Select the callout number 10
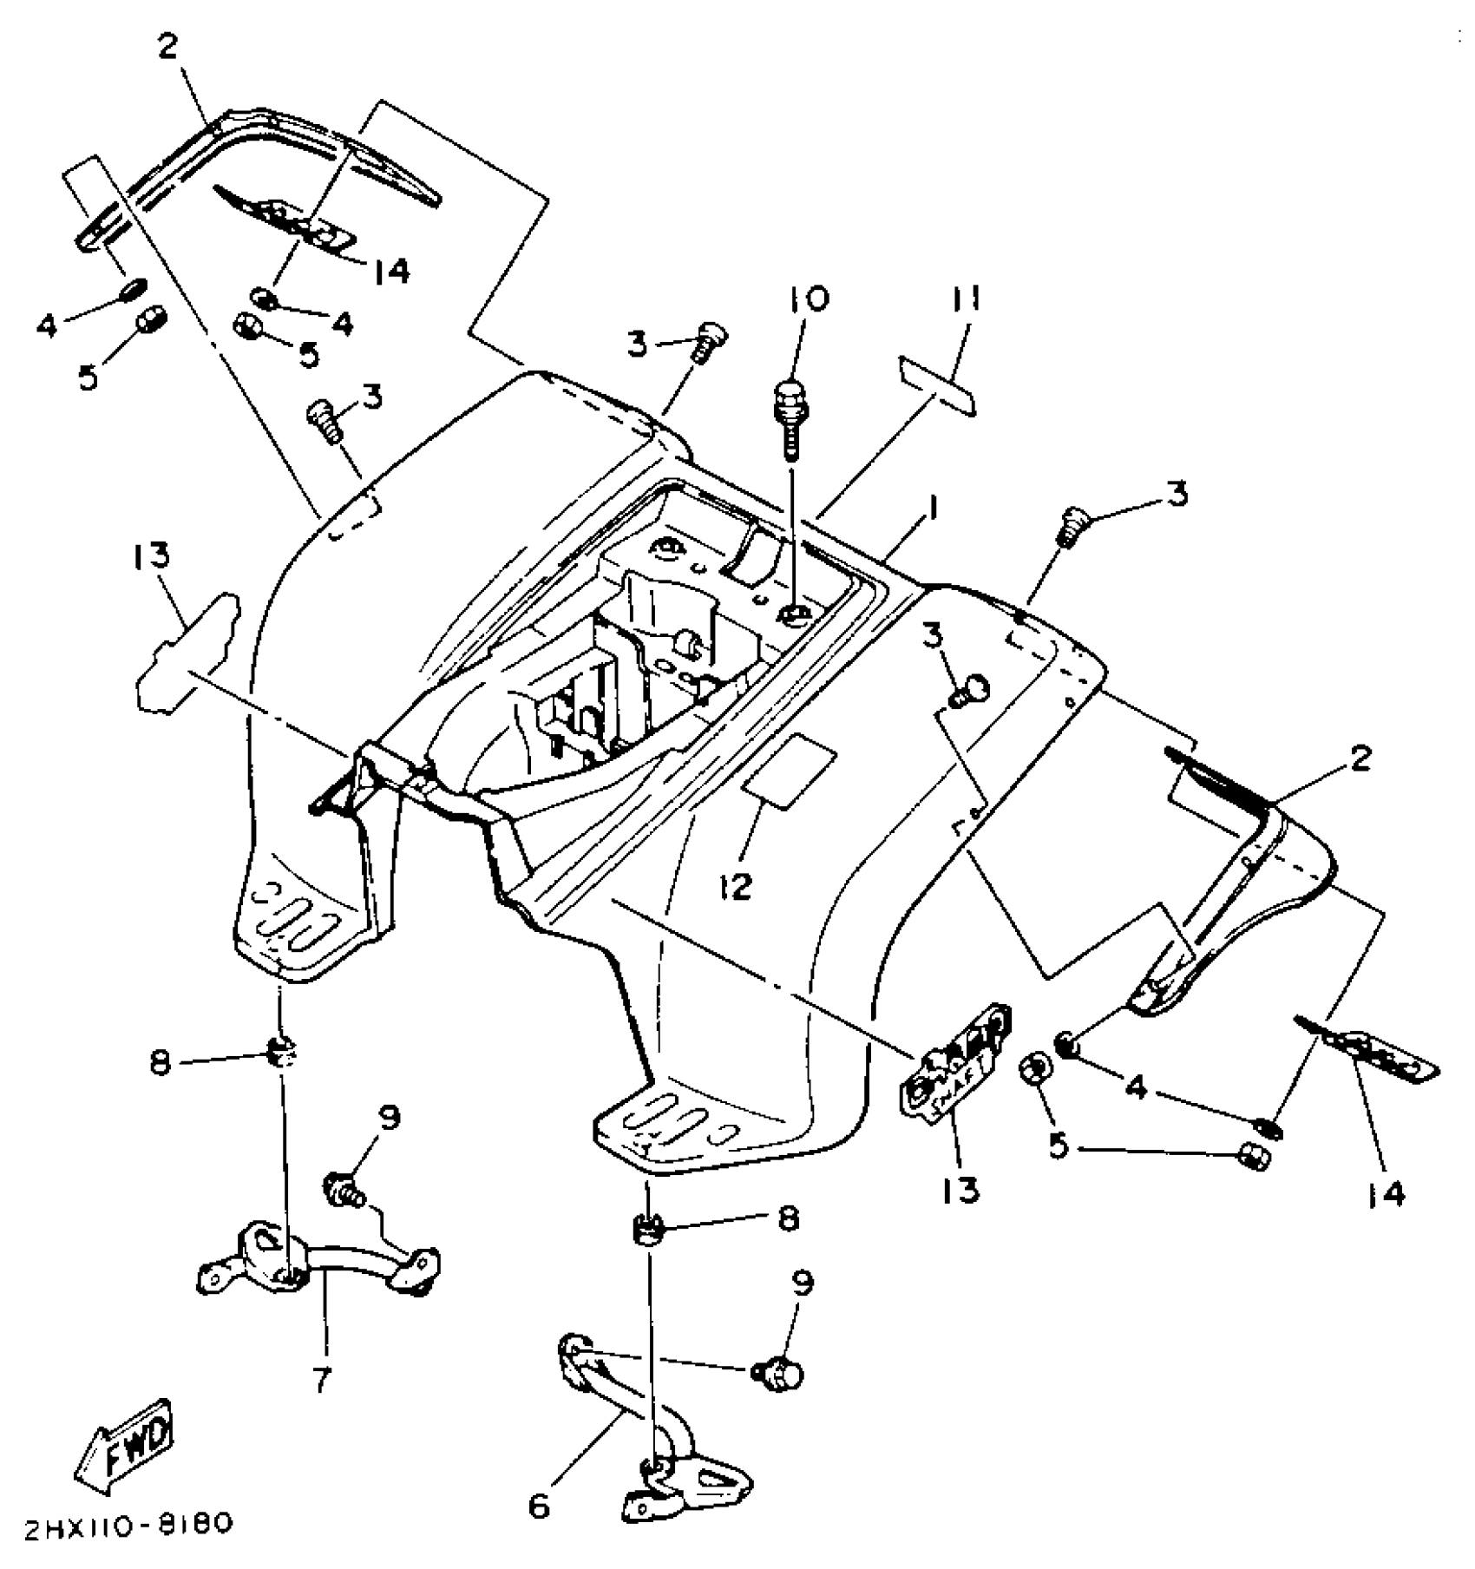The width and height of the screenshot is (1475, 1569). tap(809, 300)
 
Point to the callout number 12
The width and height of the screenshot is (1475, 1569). tap(735, 887)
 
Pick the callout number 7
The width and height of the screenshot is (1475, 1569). tap(322, 1379)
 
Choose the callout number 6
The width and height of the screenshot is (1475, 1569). tap(539, 1507)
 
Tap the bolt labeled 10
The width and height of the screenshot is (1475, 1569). tap(790, 417)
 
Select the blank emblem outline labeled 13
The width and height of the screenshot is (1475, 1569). tap(184, 651)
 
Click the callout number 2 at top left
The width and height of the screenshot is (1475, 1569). tap(167, 48)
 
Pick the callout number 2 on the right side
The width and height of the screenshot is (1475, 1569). tap(1360, 758)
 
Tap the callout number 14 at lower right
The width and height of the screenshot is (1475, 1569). tap(1386, 1195)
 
